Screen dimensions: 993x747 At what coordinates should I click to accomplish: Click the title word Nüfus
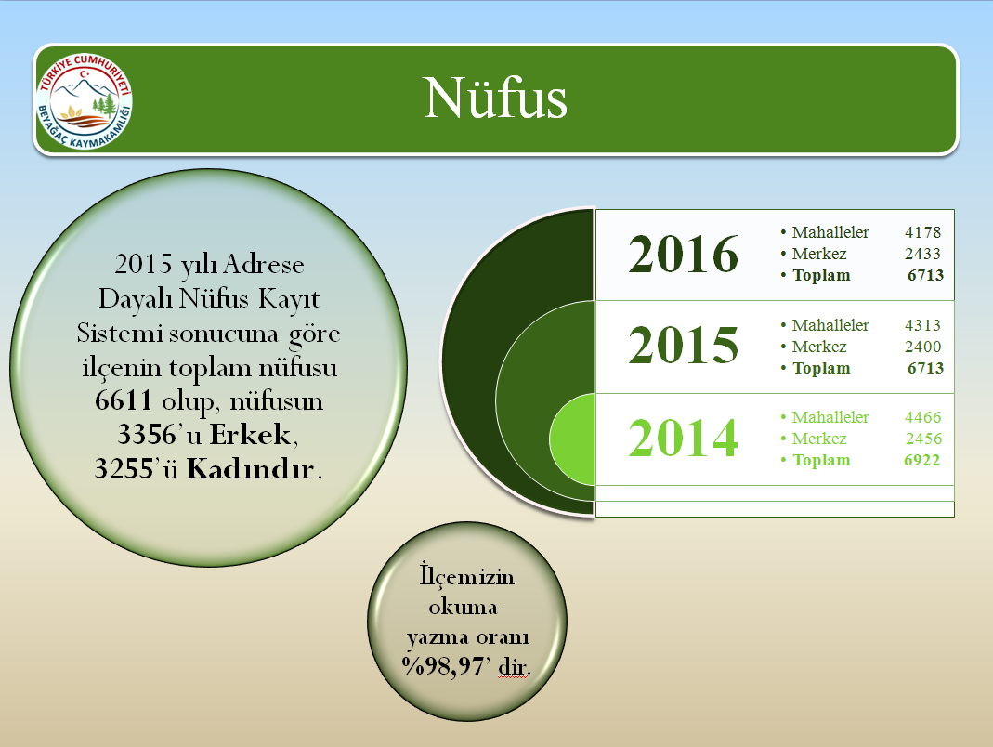[x=495, y=98]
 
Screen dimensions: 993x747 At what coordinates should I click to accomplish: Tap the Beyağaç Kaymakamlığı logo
[x=85, y=100]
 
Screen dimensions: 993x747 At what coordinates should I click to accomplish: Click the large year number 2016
[x=684, y=254]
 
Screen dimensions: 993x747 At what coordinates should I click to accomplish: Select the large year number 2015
[x=684, y=346]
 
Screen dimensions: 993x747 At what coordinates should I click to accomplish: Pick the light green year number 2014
[x=684, y=438]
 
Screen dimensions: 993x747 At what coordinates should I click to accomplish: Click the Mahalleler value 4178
[x=922, y=232]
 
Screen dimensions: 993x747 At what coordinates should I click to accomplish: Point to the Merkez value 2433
[x=922, y=254]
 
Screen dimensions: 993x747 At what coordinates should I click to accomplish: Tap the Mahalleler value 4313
[x=922, y=325]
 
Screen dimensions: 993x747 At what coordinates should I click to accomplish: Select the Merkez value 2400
[x=922, y=347]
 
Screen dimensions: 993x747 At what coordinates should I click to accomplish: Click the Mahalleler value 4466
[x=922, y=417]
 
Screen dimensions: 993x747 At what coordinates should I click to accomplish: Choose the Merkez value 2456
[x=923, y=439]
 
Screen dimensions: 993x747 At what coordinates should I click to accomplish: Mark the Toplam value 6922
[x=922, y=461]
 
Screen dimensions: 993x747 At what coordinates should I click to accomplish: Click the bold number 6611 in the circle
[x=124, y=401]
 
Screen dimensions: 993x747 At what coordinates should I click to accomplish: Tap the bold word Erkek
[x=250, y=435]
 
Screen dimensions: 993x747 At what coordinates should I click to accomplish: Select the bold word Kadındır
[x=250, y=469]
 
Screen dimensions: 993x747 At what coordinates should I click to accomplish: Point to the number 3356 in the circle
[x=147, y=435]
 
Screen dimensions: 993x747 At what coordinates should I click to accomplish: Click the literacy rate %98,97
[x=443, y=666]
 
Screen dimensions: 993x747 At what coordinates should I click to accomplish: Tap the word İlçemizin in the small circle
[x=466, y=578]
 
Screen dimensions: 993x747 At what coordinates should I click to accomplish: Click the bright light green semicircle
[x=573, y=439]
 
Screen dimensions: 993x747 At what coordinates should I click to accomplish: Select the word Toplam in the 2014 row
[x=821, y=461]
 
